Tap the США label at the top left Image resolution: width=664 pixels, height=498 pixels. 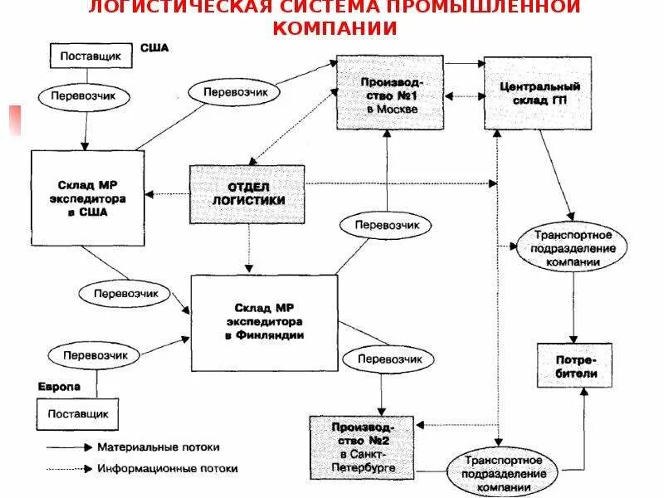(x=154, y=47)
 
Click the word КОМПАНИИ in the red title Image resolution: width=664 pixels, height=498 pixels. (x=333, y=27)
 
